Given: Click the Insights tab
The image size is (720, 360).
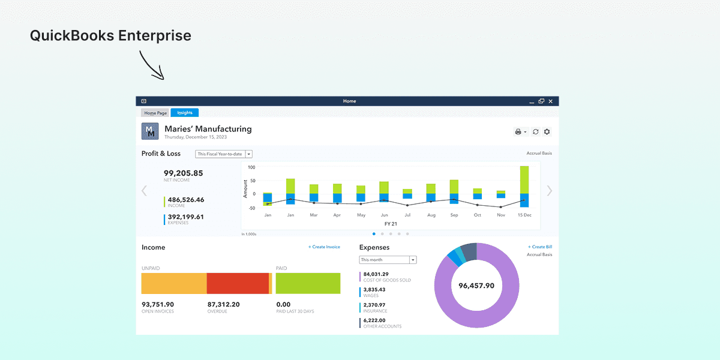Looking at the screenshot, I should [184, 113].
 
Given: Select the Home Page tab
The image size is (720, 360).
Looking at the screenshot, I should [155, 113].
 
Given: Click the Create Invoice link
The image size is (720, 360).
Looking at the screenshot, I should [324, 247].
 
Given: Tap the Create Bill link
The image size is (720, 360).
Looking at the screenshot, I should [540, 247].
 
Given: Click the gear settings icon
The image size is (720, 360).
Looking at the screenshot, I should [547, 132].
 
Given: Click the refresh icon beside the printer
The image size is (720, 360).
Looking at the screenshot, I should [536, 132].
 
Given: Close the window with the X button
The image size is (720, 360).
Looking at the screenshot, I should [551, 101].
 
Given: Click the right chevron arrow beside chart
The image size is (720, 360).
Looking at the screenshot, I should [550, 191].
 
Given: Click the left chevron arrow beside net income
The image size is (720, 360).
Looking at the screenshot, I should [144, 191].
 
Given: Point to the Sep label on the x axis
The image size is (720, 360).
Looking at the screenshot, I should [454, 215].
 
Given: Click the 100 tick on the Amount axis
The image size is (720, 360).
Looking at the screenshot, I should [251, 167].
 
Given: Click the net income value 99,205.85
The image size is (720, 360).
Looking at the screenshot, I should [184, 173].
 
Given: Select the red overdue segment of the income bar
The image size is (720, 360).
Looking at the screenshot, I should [238, 283].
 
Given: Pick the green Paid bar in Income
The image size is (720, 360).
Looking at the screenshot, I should [308, 283].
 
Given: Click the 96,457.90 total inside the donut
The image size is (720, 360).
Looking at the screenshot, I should [476, 286].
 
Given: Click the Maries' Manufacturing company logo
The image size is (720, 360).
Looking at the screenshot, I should [150, 131].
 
